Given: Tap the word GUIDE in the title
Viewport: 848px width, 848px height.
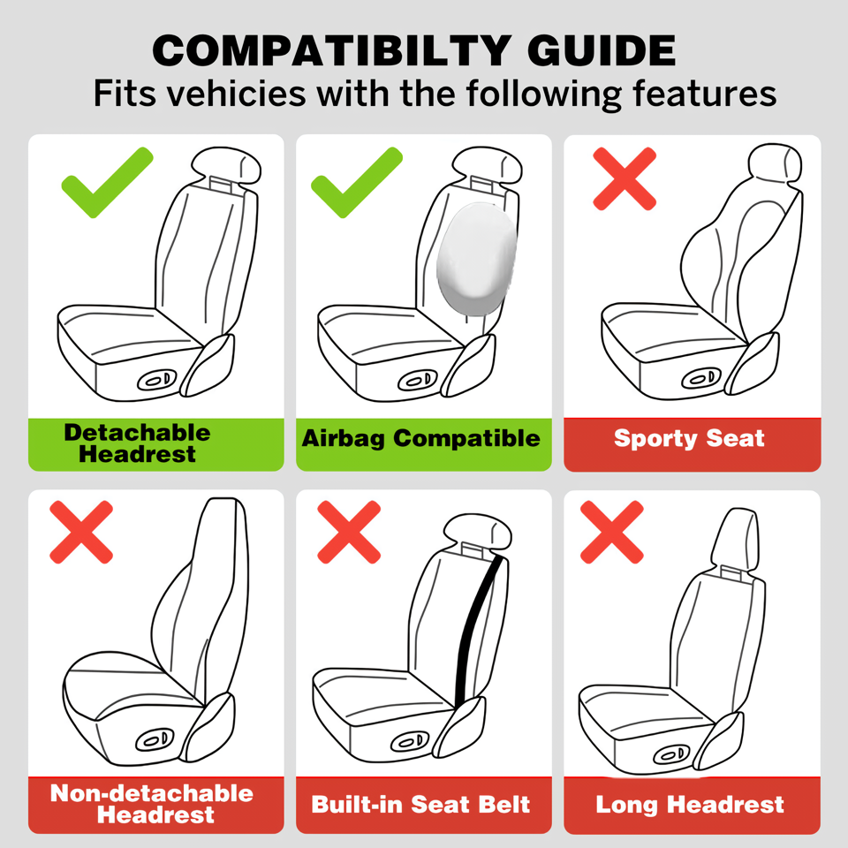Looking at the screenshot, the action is coord(602,50).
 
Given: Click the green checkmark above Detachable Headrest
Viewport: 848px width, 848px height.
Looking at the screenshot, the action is coord(107,182).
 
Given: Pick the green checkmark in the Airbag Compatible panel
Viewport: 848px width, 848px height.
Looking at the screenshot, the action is coord(357,182).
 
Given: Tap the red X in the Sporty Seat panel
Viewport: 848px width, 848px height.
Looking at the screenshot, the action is coord(625,178).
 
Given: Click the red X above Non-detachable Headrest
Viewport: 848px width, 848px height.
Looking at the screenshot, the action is coord(81,532).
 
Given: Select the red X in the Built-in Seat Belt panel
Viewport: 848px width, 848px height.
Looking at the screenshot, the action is coord(349,532).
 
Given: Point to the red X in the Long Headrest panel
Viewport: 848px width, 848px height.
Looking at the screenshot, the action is coord(611,532).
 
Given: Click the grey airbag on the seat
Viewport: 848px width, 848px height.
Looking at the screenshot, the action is coord(476,259).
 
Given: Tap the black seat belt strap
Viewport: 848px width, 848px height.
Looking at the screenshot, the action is coord(478,630).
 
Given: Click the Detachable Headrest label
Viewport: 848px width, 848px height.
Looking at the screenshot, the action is coord(137,443).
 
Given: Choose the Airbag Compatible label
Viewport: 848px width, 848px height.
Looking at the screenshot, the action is coord(420,438).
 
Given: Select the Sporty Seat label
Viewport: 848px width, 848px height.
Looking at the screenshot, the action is coord(689,438).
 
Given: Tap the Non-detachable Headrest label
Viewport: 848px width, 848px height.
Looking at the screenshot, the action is coord(152,804).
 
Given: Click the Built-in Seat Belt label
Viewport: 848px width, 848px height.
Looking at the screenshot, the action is coord(420,804).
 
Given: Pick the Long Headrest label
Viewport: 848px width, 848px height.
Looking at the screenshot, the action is coord(690,805).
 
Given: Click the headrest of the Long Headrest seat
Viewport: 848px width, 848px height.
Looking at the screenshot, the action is coord(734,539).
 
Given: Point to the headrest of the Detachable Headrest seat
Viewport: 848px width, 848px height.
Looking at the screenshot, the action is coord(227,165).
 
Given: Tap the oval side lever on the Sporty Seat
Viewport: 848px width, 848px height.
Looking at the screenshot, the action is coord(701,378).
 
